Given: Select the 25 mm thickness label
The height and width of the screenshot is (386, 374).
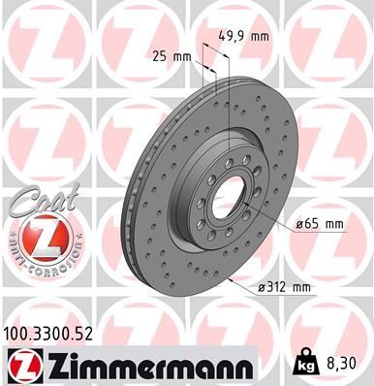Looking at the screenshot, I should (171, 55).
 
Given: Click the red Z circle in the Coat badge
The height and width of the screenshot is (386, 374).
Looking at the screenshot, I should (35, 237).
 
